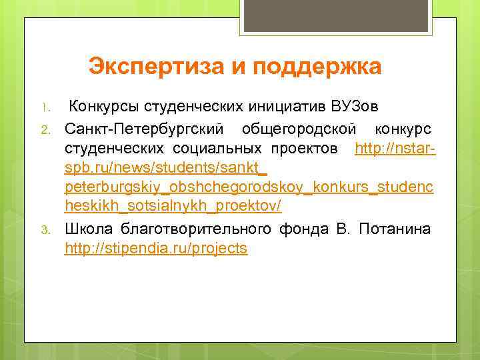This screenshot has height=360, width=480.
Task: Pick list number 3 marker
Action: pos(45,231)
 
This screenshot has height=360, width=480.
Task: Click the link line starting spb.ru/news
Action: pos(166,168)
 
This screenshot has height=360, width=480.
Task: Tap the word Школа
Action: pos(89,229)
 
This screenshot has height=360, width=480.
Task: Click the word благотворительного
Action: pos(196,229)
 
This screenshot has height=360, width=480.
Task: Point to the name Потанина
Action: pos(395,229)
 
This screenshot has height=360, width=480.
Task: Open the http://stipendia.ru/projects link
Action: pos(156,249)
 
